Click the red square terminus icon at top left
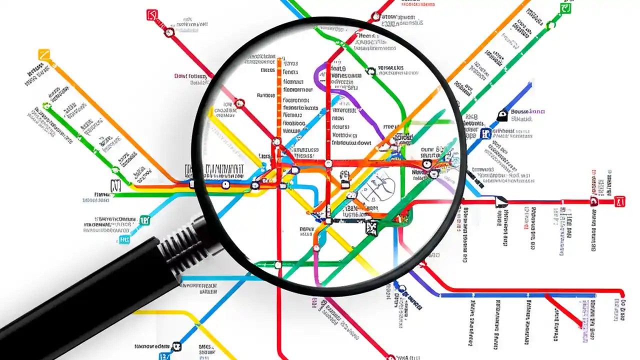tap(152, 15)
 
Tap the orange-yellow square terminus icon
tap(44, 54)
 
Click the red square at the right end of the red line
tap(620, 201)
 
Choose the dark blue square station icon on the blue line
tap(485, 133)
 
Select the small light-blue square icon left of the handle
tap(124, 240)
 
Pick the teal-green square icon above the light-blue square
tap(144, 220)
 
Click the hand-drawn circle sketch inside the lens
tap(377, 187)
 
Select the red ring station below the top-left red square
tap(169, 32)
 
